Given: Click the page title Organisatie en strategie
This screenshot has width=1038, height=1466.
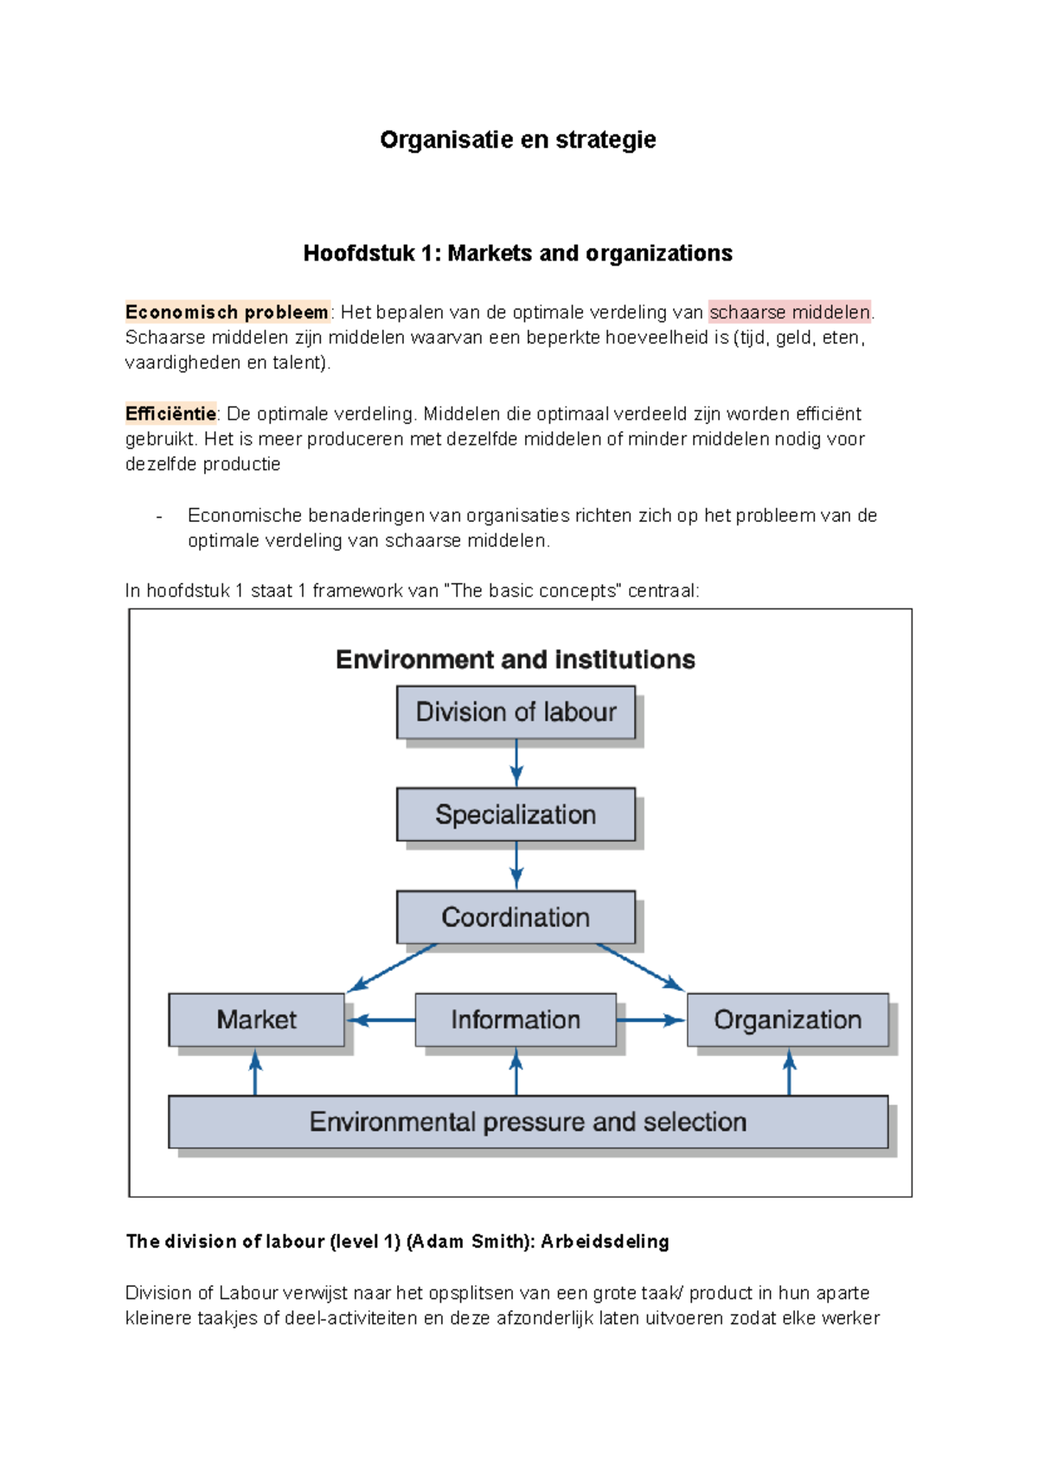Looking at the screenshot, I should pos(517,139).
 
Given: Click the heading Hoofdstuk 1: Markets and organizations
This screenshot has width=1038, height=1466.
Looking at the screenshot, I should pos(517,254).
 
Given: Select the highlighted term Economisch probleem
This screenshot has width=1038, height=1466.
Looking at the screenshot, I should pos(227,312).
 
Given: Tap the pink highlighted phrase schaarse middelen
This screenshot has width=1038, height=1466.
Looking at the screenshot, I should pos(789,312).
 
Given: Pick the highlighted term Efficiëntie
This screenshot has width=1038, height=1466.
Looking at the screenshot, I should pos(170,414).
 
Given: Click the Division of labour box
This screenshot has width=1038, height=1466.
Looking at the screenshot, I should pos(516,712).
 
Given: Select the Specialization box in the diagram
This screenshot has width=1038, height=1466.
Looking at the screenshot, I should pos(516,814).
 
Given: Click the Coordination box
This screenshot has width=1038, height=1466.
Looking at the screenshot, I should pos(516,917).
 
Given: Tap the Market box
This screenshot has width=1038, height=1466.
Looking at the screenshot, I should pos(256,1019).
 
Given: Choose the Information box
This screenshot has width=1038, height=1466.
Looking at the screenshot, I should pos(516,1019).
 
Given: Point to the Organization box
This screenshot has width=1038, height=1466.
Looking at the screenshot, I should pos(787,1019).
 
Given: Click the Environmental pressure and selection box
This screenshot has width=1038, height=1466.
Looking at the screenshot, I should pos(528,1122).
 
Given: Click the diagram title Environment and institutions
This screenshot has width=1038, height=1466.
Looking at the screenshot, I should pos(516,659).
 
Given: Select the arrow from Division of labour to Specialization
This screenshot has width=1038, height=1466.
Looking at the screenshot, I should pos(516,762).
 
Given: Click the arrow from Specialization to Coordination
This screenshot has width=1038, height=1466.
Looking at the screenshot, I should pos(516,865).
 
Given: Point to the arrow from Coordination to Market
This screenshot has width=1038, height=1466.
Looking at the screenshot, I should pos(392,968).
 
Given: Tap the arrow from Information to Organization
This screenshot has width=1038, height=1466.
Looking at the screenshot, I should pos(650,1020).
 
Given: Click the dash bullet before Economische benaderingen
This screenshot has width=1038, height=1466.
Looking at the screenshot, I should pos(159,517).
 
